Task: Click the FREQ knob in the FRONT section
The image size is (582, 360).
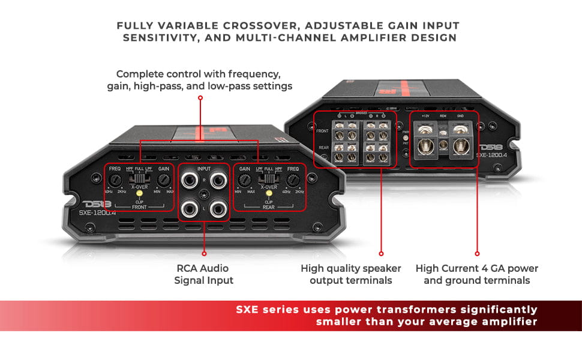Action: (115, 179)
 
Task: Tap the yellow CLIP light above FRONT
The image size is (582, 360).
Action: (139, 194)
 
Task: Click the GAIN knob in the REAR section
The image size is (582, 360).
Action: (245, 179)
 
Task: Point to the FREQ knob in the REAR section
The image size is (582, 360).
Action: (293, 179)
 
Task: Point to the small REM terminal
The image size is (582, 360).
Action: (443, 144)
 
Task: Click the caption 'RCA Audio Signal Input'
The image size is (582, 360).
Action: (204, 274)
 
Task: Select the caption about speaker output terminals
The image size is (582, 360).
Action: (346, 274)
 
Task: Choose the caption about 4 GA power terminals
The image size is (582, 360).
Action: (477, 274)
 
